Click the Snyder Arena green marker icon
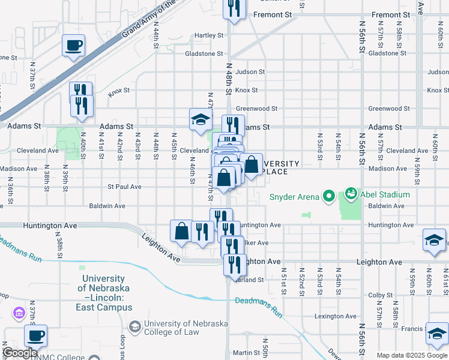click(328, 196)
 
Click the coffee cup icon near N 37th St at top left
click(73, 45)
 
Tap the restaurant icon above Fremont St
click(234, 8)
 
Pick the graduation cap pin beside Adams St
click(200, 119)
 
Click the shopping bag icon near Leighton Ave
click(182, 231)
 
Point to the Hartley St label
click(209, 35)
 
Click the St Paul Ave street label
click(124, 187)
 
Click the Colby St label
click(380, 295)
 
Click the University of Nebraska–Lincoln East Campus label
click(103, 293)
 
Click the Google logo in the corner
click(20, 353)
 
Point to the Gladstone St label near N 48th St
click(204, 53)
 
